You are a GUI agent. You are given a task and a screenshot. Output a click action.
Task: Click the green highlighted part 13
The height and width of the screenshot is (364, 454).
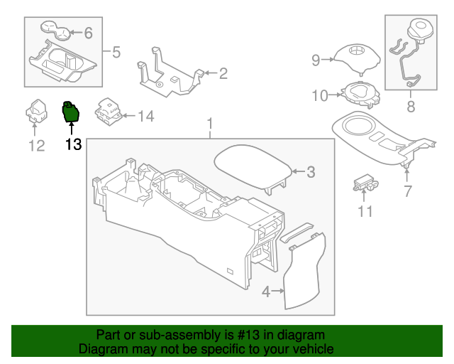tap(72, 112)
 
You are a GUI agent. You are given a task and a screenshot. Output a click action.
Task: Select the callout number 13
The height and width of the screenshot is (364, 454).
tap(72, 145)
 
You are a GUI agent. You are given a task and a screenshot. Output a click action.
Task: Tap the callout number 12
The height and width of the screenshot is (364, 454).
tap(36, 146)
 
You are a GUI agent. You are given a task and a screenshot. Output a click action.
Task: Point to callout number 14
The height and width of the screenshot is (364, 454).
tap(145, 116)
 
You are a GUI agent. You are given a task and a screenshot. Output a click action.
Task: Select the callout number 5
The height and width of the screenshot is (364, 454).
tap(117, 51)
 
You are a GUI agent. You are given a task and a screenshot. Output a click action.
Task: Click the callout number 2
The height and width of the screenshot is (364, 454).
tap(222, 73)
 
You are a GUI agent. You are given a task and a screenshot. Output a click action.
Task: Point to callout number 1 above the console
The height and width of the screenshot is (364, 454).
tap(210, 127)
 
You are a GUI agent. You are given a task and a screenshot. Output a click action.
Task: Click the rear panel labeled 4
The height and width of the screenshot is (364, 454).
tap(304, 274)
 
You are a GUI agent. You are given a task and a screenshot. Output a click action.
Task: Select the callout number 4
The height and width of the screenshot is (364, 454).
tap(265, 291)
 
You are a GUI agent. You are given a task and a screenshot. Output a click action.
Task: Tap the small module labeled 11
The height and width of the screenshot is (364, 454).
tap(365, 183)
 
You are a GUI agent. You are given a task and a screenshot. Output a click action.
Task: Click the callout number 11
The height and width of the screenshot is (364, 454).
tap(365, 211)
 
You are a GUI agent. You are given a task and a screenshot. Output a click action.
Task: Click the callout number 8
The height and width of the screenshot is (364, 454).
tap(411, 108)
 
